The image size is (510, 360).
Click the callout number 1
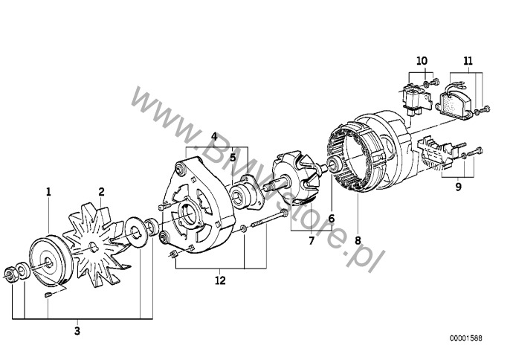pyautogui.click(x=48, y=192)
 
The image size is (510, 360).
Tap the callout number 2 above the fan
pyautogui.click(x=101, y=192)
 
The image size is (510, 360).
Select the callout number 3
pyautogui.click(x=77, y=331)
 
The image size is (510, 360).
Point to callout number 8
pyautogui.click(x=358, y=240)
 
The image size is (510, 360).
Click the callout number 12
pyautogui.click(x=220, y=280)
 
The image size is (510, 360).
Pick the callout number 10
pyautogui.click(x=422, y=61)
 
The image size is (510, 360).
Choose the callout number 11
pyautogui.click(x=468, y=61)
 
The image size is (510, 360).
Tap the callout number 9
pyautogui.click(x=458, y=187)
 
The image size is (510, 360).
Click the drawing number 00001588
pyautogui.click(x=466, y=338)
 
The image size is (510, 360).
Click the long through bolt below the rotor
pyautogui.click(x=270, y=219)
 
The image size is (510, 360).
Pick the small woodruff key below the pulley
pyautogui.click(x=48, y=295)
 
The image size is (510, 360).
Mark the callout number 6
pyautogui.click(x=331, y=219)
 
